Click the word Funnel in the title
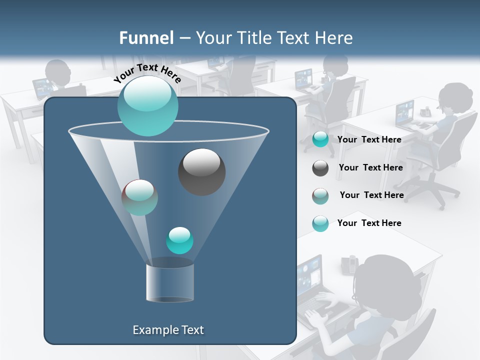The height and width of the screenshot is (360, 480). click(146, 38)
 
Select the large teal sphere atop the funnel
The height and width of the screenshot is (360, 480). click(147, 106)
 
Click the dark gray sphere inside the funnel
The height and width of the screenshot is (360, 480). click(201, 172)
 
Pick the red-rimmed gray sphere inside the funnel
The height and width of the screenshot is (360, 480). click(139, 197)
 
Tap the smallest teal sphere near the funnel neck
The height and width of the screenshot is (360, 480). click(179, 240)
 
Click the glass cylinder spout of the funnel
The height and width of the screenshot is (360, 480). click(169, 282)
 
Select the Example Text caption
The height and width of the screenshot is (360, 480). click(168, 330)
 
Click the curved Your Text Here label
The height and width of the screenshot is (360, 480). click(147, 73)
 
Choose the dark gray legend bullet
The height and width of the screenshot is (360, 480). click(320, 168)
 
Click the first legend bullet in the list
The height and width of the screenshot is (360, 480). click(320, 139)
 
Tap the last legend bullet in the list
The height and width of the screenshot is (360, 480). click(320, 223)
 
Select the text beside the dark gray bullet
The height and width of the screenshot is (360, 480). click(370, 167)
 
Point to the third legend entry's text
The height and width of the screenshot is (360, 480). click(371, 195)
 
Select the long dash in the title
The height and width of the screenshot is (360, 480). click(183, 38)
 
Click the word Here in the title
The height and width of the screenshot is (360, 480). click(334, 38)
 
